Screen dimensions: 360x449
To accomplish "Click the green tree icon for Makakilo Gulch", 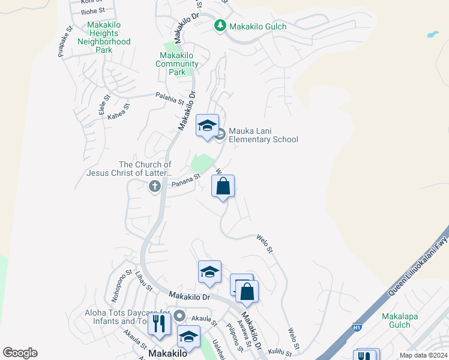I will [220, 26].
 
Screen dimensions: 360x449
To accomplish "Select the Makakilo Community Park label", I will [177, 64].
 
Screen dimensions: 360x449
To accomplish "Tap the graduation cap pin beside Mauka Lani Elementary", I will [207, 126].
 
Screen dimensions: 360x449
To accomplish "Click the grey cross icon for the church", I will [154, 187].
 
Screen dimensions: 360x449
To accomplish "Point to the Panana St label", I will [185, 179].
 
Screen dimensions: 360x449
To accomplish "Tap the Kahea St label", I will [119, 112].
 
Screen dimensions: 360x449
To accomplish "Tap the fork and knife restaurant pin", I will [159, 324].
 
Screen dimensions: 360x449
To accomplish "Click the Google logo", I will [20, 353].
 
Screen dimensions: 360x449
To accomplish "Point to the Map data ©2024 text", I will [423, 355].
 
